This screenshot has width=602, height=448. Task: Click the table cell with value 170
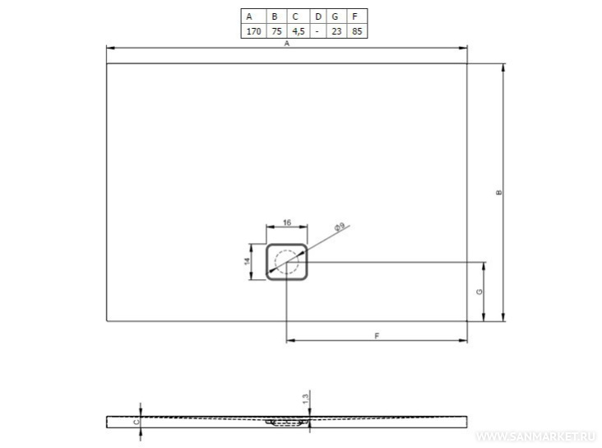pyautogui.click(x=253, y=31)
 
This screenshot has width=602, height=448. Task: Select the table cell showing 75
pyautogui.click(x=276, y=31)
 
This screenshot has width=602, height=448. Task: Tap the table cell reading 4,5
pyautogui.click(x=299, y=31)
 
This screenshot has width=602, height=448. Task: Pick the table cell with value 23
pyautogui.click(x=336, y=31)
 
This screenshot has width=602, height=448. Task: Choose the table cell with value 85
pyautogui.click(x=357, y=31)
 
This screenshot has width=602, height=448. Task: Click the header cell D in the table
pyautogui.click(x=318, y=16)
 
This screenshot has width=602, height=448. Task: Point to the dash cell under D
pyautogui.click(x=318, y=31)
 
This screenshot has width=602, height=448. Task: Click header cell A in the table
pyautogui.click(x=253, y=16)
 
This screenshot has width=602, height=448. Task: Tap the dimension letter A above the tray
pyautogui.click(x=286, y=44)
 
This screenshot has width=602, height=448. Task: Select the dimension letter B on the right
pyautogui.click(x=498, y=192)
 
